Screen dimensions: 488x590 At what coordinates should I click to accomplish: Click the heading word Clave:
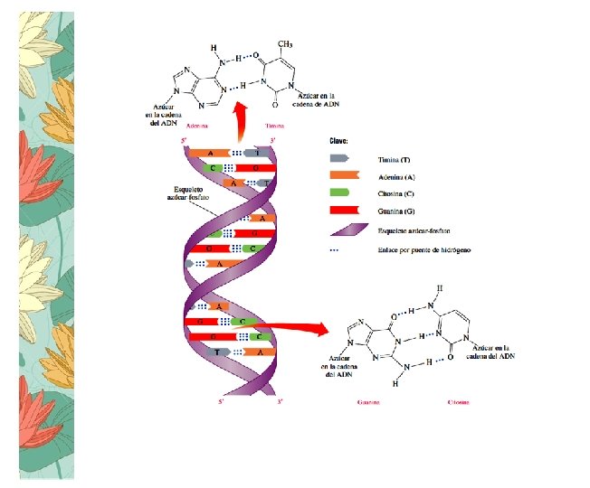[338, 141]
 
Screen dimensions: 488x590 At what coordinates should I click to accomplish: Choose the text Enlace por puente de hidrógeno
[419, 248]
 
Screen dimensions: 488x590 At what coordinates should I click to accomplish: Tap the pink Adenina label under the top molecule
[191, 126]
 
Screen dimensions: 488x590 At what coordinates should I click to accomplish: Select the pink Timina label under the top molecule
[275, 126]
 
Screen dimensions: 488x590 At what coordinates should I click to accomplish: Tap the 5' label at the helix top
[186, 141]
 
